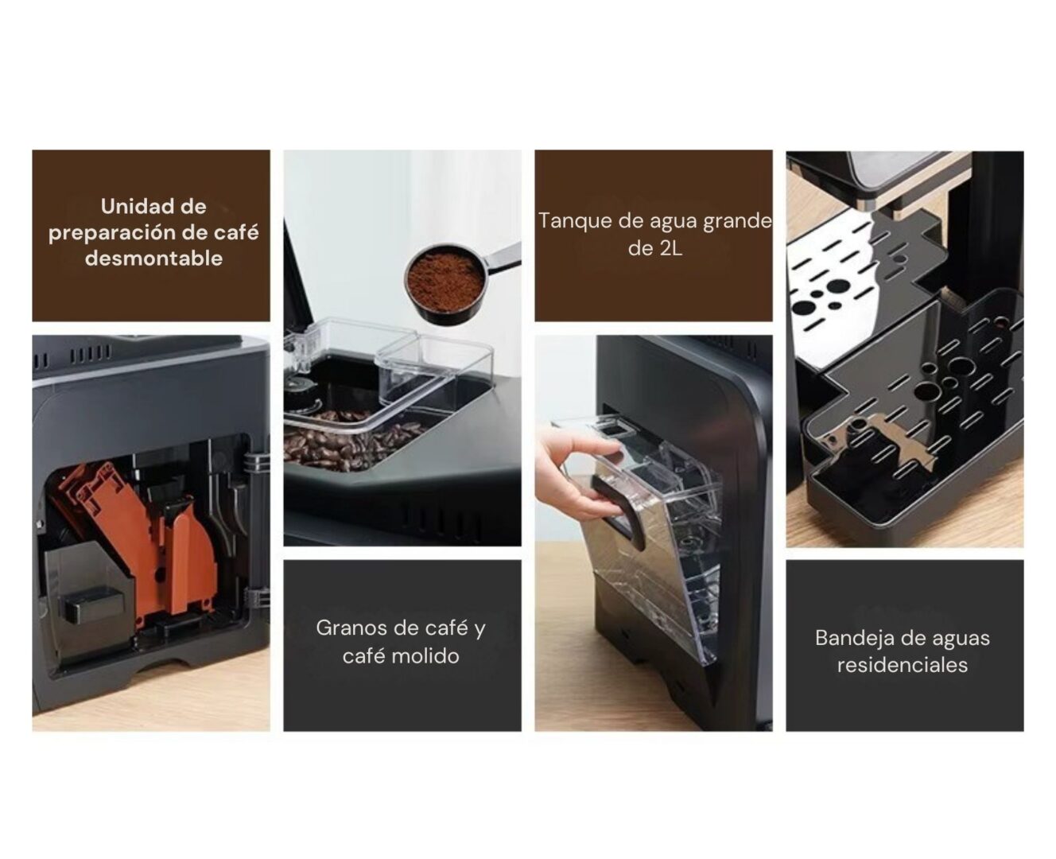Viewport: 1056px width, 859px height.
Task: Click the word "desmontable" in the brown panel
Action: coord(153,258)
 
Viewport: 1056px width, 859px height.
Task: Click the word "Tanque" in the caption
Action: coord(576,221)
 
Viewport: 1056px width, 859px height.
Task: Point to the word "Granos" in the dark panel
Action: coord(351,628)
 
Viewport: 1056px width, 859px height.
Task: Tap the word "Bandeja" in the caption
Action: coord(854,638)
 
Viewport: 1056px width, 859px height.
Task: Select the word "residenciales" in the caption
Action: coord(903,665)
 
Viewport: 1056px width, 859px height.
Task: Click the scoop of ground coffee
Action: coord(445,283)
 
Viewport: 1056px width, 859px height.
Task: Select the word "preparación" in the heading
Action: coord(110,233)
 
